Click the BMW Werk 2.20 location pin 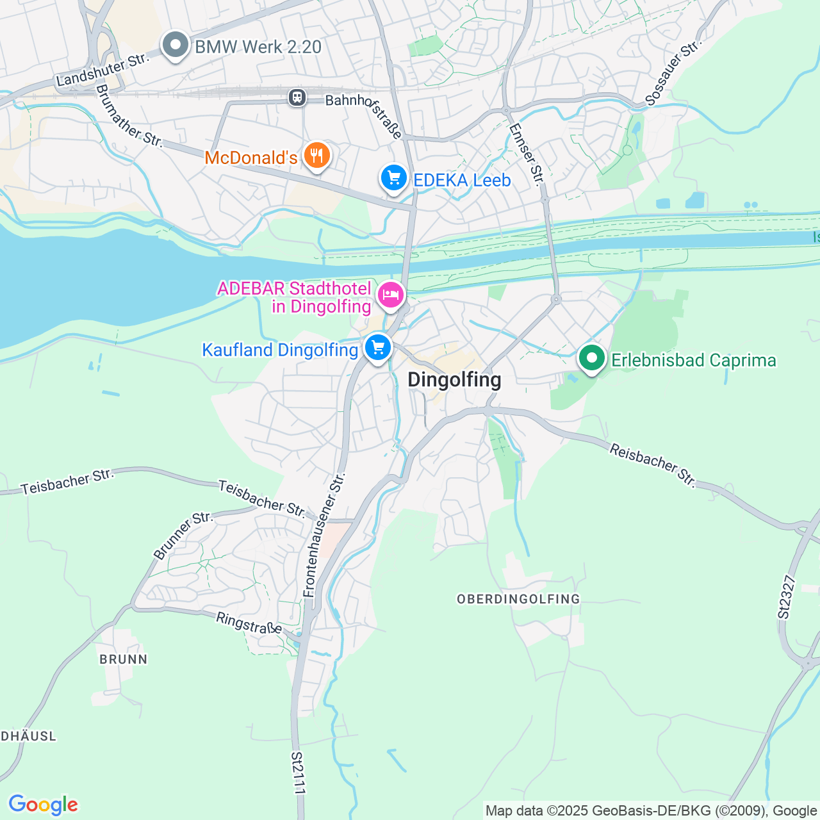176,45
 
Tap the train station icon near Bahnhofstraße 297,98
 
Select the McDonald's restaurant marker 316,156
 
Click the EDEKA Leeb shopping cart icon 393,179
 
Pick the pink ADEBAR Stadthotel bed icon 390,295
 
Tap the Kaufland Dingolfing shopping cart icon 377,348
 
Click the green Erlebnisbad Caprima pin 592,359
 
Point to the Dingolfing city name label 454,380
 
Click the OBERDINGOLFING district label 518,599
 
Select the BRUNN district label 124,659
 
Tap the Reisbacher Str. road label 652,465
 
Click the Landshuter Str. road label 102,70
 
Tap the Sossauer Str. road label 672,73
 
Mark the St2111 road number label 297,773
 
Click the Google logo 43,805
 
